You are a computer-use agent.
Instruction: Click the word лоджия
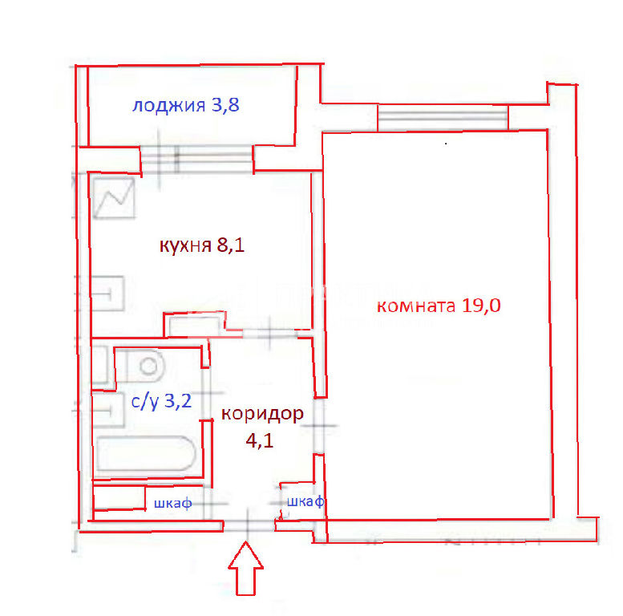(168, 106)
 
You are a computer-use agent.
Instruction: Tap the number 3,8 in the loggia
(225, 105)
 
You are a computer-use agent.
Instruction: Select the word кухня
(185, 246)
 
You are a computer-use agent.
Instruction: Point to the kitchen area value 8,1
(230, 245)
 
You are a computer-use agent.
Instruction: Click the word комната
(416, 306)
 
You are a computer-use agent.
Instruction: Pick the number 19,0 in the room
(481, 306)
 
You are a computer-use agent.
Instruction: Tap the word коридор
(262, 414)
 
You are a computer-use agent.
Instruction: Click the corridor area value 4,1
(260, 440)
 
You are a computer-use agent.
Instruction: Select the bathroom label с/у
(144, 401)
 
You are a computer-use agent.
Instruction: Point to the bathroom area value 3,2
(178, 401)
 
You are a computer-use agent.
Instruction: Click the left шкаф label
(173, 504)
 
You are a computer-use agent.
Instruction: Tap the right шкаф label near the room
(305, 502)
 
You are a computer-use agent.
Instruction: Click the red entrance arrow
(246, 569)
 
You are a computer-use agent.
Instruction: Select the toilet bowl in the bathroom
(145, 366)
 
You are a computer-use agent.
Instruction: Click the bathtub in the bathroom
(146, 454)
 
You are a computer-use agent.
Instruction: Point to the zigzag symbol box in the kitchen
(115, 198)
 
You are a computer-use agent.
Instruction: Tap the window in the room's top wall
(443, 117)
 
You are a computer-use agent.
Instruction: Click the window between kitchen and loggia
(197, 159)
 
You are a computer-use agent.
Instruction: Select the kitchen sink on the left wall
(107, 294)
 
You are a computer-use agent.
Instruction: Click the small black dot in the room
(446, 144)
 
